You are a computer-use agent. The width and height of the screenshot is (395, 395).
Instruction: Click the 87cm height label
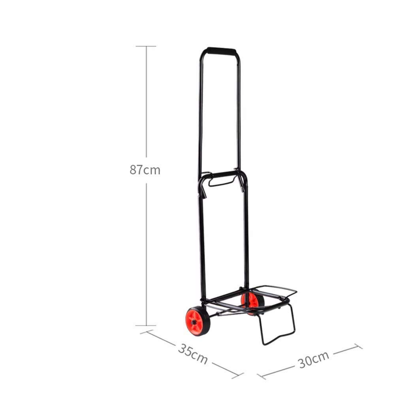(145, 170)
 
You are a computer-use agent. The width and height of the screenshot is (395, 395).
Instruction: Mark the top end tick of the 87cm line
(146, 46)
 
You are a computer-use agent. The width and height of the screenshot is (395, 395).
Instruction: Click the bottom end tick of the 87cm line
(146, 325)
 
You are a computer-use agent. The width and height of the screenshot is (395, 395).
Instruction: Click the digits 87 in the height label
(136, 170)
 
